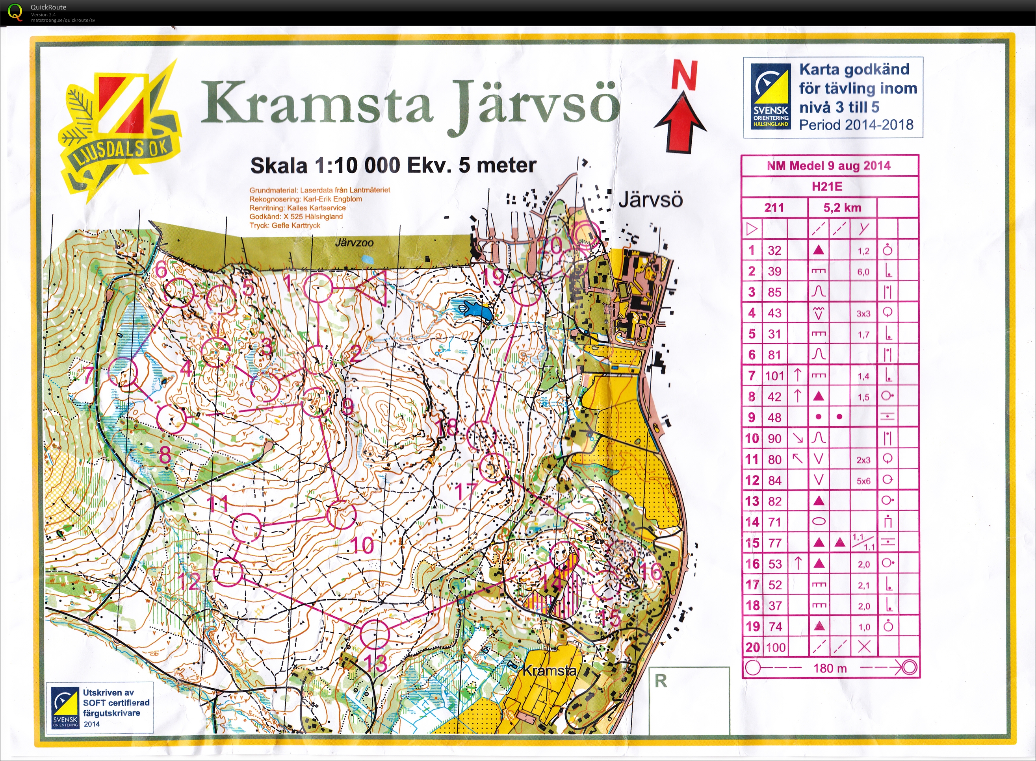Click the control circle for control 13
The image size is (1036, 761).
pos(374,634)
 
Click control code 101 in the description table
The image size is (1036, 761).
pos(774,376)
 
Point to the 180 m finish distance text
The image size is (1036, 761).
pos(830,668)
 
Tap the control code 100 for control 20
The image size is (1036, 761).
pos(775,647)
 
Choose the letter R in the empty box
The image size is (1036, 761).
pos(661,681)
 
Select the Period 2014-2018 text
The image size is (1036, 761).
pos(856,125)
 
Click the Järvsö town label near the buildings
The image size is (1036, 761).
pos(650,200)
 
